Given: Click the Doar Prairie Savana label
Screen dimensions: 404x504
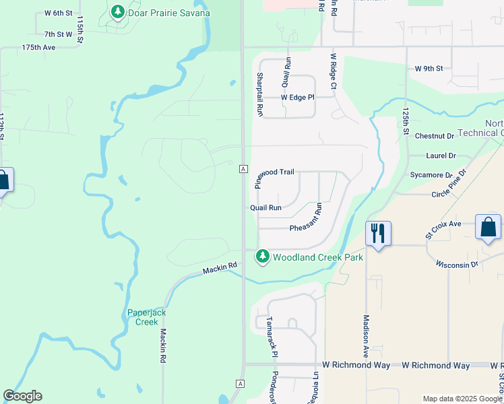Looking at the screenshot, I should (169, 13).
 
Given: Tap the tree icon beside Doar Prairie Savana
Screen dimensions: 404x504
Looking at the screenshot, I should (118, 12).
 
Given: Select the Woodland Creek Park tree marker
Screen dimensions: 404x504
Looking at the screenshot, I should (262, 257).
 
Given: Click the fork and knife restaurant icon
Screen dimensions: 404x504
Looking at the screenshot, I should (378, 234).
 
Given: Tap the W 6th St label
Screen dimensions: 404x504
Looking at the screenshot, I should (58, 13).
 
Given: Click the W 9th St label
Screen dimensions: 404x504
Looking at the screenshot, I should (429, 69).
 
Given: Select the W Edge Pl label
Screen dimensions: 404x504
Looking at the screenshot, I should (297, 97).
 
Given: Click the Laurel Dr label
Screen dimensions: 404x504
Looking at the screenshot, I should (441, 156).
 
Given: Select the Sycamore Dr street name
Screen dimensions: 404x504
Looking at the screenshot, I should (431, 175).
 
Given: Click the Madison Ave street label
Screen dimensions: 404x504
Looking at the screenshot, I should (367, 335).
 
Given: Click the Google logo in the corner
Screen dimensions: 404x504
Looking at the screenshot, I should (22, 396).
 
